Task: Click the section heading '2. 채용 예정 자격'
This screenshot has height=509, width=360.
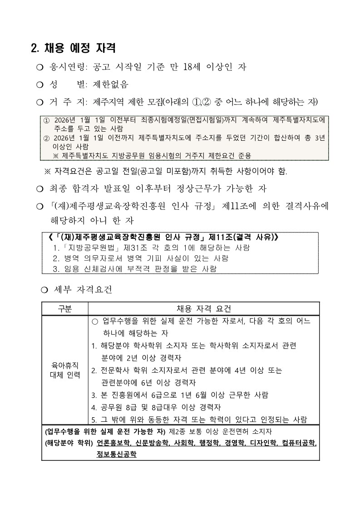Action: [73, 47]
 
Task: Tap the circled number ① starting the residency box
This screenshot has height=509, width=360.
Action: [46, 121]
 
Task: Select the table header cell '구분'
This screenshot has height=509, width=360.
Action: [64, 309]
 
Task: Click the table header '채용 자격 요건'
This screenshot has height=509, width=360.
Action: [204, 309]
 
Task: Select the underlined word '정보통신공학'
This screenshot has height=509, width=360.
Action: [116, 454]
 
